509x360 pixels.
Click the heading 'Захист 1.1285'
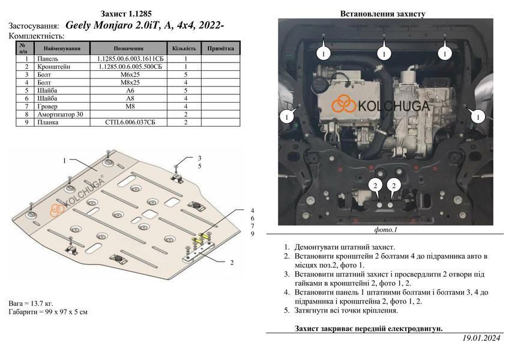[x=125, y=14]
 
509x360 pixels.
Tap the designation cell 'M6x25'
[x=130, y=74]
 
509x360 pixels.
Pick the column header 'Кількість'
[x=184, y=49]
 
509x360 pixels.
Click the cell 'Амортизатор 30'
[x=60, y=114]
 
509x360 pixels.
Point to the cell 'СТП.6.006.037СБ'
[x=130, y=122]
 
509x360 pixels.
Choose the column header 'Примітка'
[x=220, y=49]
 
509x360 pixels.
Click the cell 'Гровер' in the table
[x=47, y=106]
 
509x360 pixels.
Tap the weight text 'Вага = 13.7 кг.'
[x=31, y=304]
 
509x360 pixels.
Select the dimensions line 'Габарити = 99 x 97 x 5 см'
[x=48, y=312]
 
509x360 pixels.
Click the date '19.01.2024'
[x=481, y=338]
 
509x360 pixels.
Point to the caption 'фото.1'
[x=385, y=230]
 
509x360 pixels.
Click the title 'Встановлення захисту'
[x=383, y=14]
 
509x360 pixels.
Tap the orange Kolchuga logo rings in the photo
[x=343, y=104]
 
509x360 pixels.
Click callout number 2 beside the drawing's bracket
[x=232, y=262]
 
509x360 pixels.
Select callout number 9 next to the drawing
[x=252, y=234]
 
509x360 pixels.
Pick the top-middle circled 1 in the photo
[x=384, y=53]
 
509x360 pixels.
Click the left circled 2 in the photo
[x=375, y=185]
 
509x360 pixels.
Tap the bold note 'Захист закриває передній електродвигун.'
[x=369, y=329]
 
